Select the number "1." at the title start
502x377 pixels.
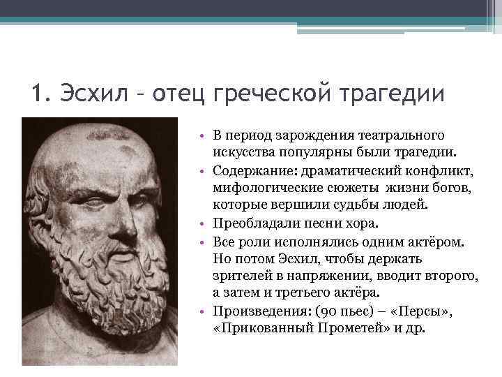(40, 94)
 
